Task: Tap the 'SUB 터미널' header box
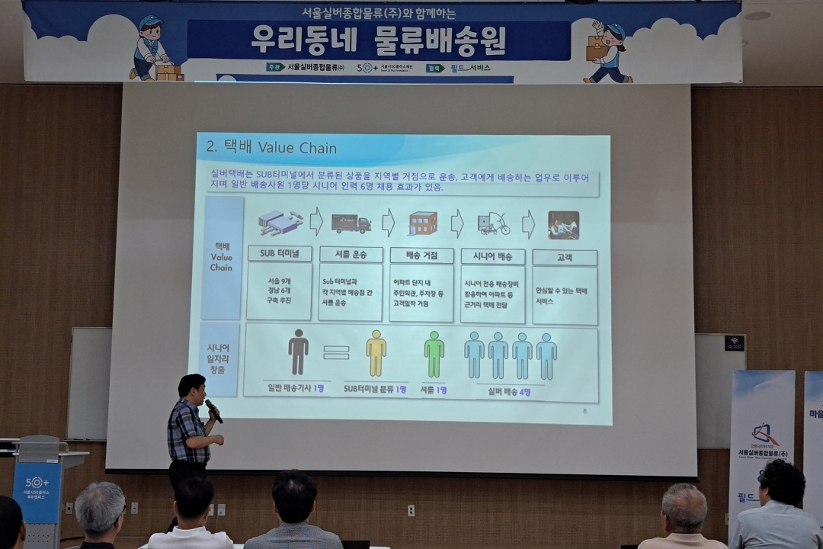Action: (280, 254)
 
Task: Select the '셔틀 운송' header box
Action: (351, 255)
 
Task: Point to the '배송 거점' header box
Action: (421, 255)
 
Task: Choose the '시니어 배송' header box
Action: (494, 256)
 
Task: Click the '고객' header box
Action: (564, 258)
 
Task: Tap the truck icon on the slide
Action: (351, 223)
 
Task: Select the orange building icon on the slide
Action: (423, 223)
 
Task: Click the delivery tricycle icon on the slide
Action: (494, 224)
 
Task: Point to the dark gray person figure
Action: (298, 352)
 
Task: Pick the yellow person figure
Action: (376, 353)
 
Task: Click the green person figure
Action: (434, 354)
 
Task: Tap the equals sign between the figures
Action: (336, 353)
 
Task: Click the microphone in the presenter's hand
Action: (213, 411)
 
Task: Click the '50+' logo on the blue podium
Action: (37, 483)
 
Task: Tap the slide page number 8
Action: (584, 411)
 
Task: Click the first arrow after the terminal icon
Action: (315, 222)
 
